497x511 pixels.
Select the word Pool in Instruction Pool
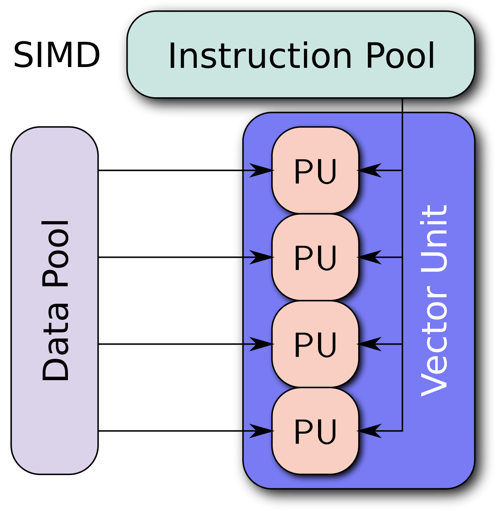[x=400, y=56]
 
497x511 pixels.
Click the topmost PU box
[x=315, y=170]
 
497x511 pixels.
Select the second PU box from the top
[x=315, y=257]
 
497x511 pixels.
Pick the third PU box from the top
[x=315, y=344]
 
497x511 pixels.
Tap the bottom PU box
[x=315, y=431]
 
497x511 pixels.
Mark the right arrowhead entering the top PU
[x=369, y=170]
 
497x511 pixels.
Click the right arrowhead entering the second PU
[x=369, y=257]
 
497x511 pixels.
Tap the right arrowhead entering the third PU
[x=369, y=344]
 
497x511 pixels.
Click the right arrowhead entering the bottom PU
[x=369, y=431]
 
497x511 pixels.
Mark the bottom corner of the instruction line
[x=402, y=431]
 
